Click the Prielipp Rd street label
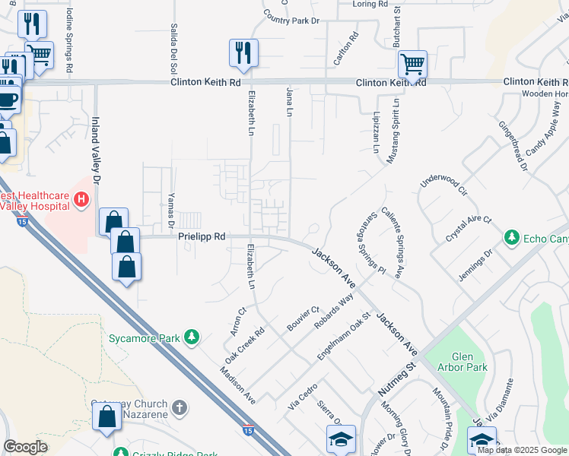pos(202,237)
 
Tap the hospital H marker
pos(82,200)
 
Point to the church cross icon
pos(180,409)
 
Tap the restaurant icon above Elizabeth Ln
pos(243,53)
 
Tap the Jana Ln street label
pos(289,102)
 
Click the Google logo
pos(25,447)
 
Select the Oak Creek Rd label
pos(243,344)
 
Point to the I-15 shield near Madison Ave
pos(250,431)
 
